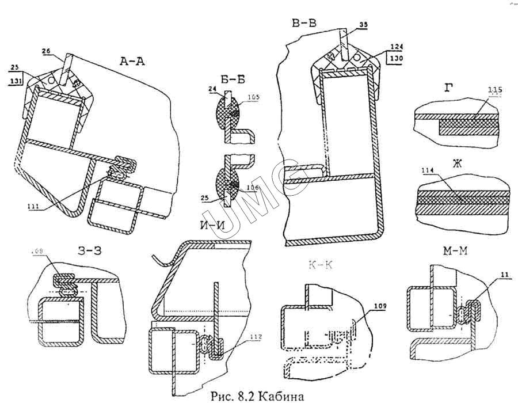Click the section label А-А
tap(131, 60)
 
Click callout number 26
tap(47, 51)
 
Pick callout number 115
tap(494, 90)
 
